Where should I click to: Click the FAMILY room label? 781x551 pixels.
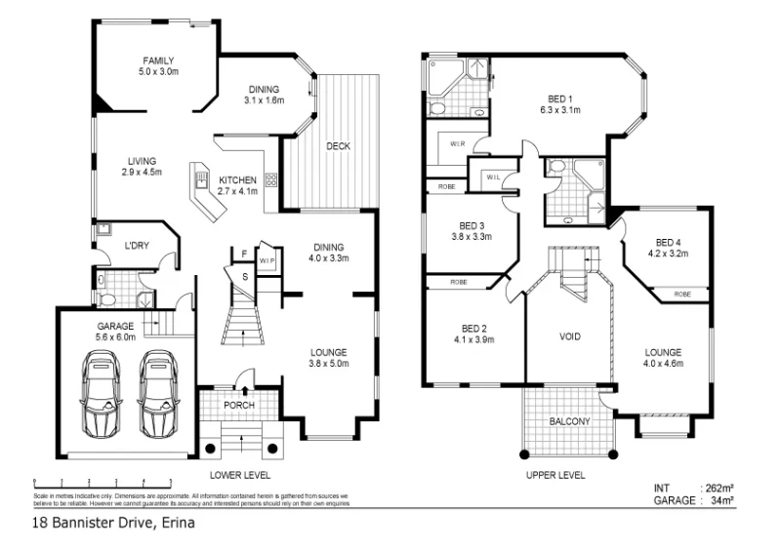click(157, 60)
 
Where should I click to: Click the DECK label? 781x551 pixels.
click(338, 146)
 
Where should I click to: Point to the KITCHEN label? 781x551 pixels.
click(237, 180)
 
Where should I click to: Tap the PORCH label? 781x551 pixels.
click(238, 404)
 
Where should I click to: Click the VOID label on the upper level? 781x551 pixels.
click(570, 336)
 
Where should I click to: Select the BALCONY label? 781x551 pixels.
click(569, 421)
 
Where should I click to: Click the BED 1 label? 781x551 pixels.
click(560, 98)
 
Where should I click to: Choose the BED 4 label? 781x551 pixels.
click(668, 243)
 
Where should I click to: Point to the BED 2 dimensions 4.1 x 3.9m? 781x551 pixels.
click(473, 339)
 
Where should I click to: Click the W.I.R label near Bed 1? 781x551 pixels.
click(457, 143)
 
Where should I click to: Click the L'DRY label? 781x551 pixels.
click(135, 245)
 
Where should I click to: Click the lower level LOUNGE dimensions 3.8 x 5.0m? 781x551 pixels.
click(329, 364)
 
